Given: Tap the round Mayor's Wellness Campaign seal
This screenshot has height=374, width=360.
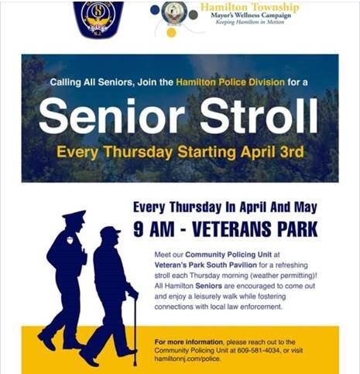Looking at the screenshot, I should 175,14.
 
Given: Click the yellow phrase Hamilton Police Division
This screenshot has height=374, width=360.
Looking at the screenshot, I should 219,81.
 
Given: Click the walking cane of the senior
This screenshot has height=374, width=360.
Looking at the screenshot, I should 135,326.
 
